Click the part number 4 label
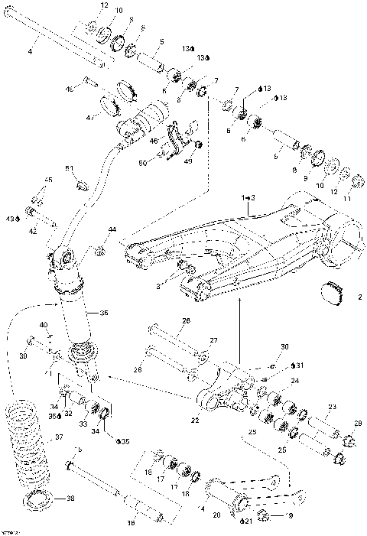coord(30,50)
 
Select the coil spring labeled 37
coord(28,443)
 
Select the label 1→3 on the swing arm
coord(248,197)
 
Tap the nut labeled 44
coord(99,249)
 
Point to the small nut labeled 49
coord(198,144)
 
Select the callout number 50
coord(163,162)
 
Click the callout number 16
coord(131,523)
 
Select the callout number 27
coord(214,341)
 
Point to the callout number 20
coord(217,515)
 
